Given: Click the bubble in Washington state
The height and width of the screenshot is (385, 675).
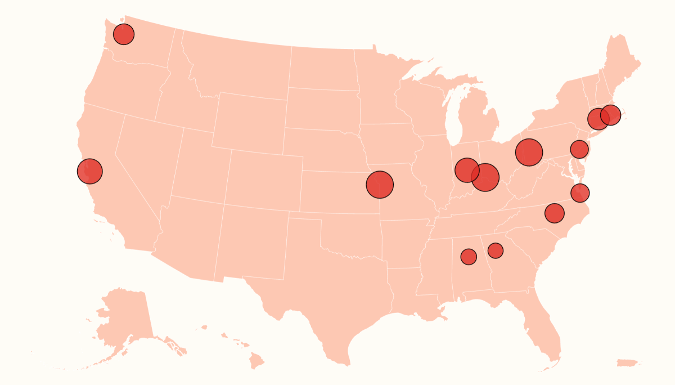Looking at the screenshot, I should [x=124, y=34].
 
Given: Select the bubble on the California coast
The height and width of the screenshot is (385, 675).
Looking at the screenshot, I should [x=90, y=171].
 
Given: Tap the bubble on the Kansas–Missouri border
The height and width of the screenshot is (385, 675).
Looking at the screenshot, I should [x=380, y=184].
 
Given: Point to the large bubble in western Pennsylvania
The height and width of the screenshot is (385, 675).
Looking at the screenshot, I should [x=529, y=152].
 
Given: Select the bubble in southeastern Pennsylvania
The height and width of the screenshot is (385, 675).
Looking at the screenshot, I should [x=579, y=149].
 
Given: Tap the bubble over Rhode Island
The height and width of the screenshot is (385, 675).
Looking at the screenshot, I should [x=611, y=115].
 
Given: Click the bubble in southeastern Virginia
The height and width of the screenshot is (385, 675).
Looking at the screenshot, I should [x=580, y=193].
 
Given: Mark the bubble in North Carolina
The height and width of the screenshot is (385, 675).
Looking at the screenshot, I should [x=555, y=213].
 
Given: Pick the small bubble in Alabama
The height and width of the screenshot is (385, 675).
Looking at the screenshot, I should [x=469, y=257].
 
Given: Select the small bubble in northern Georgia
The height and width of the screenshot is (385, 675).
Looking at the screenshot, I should [x=496, y=250].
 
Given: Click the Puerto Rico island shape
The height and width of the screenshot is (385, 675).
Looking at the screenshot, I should [x=629, y=363].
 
